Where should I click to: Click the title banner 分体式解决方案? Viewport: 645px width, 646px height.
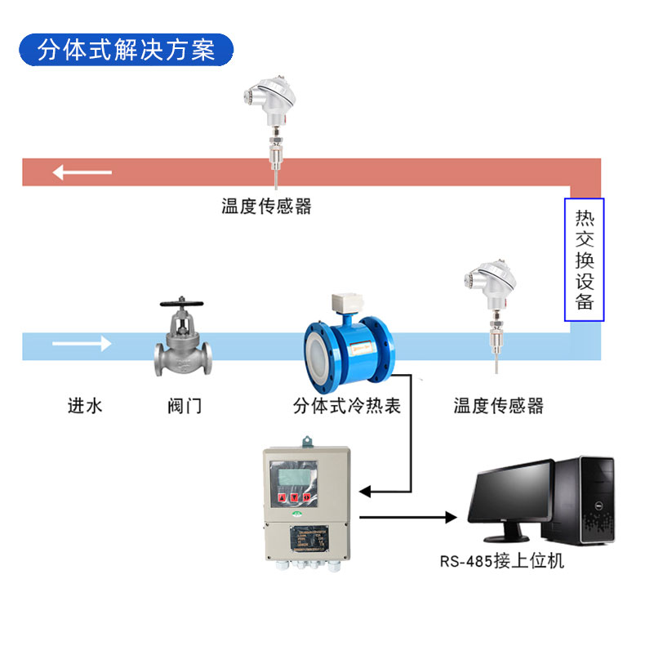click(x=126, y=50)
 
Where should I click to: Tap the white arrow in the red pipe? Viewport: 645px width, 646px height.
click(x=82, y=172)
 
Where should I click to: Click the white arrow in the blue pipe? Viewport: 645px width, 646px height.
click(x=82, y=345)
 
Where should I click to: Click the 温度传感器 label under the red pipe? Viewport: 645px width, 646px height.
click(x=266, y=206)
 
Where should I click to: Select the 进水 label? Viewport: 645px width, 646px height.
click(x=85, y=405)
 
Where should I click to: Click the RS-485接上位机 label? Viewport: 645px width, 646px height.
click(x=500, y=562)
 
